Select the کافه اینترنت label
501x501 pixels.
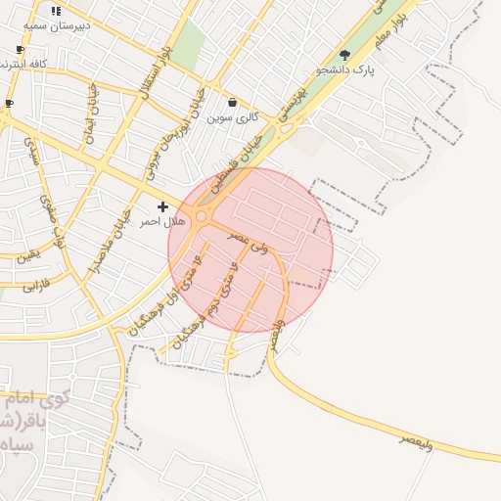coord(29,64)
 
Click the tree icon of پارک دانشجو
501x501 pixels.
coord(343,55)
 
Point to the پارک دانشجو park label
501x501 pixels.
coord(346,71)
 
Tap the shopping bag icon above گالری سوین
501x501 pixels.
coord(232,102)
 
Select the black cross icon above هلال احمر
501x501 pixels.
coord(162,206)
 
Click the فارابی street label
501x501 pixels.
coord(35,286)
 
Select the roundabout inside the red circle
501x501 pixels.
coord(203,215)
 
